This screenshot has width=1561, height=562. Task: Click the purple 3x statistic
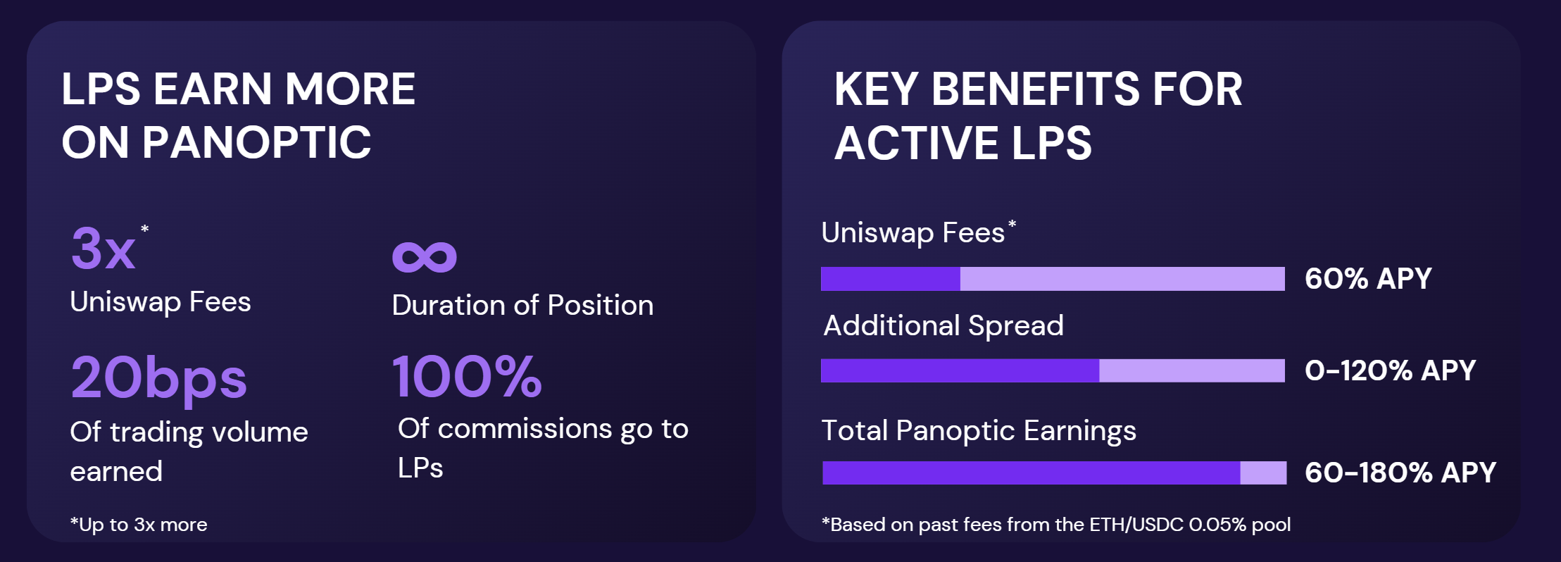point(103,249)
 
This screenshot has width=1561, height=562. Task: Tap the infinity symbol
point(425,256)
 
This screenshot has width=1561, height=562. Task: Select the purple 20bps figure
point(159,379)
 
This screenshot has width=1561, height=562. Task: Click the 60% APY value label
point(1368,278)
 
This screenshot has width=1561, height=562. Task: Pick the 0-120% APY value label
point(1390,370)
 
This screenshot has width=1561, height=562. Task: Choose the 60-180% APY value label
point(1400,473)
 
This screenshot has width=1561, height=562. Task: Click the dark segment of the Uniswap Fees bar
point(891,279)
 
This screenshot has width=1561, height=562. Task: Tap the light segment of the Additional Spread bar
point(1192,370)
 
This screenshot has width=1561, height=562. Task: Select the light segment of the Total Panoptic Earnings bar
point(1263,473)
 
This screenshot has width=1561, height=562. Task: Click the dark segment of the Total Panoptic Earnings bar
point(1031,473)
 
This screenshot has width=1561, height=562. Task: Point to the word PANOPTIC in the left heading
point(256,142)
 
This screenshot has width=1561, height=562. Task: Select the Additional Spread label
point(944,325)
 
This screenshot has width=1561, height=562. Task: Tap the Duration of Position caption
point(522,306)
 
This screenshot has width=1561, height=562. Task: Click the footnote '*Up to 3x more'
point(139,525)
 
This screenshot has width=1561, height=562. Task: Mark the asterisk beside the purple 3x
point(145,228)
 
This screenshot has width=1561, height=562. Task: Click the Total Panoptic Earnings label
point(979,431)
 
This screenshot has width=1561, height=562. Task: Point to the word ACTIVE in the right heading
point(917,143)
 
